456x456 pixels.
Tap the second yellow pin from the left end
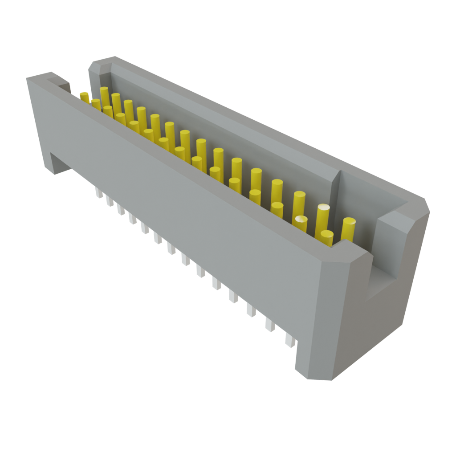pos(96,105)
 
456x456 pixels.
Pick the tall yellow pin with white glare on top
pos(323,216)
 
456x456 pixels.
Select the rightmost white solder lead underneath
pos(290,341)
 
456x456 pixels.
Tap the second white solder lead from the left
pos(110,201)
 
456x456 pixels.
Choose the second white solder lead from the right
pos(270,325)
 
